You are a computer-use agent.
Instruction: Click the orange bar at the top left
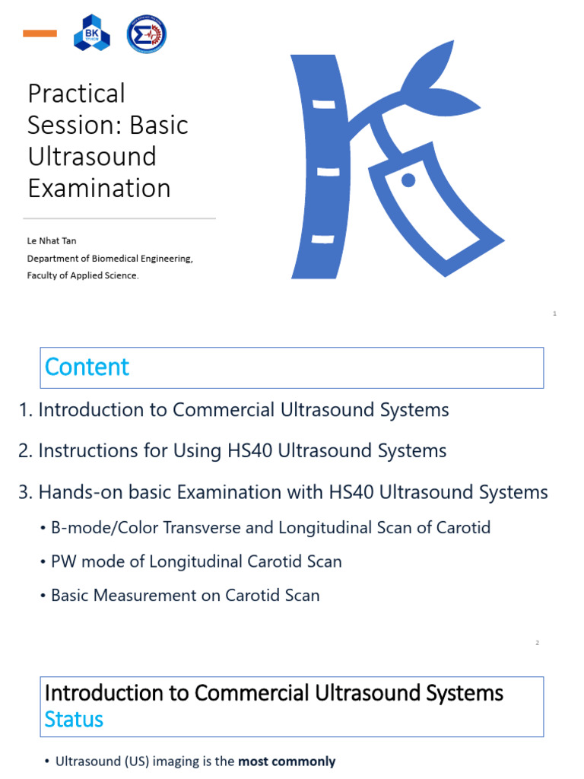click(40, 33)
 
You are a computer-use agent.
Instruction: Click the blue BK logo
click(91, 33)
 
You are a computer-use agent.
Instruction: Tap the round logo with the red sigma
click(147, 33)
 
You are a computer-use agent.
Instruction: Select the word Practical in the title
click(76, 94)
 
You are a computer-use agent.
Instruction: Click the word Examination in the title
click(99, 188)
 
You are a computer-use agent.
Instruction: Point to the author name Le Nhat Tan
click(52, 241)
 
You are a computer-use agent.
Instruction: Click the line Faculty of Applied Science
click(83, 275)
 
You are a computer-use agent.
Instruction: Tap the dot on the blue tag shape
click(408, 180)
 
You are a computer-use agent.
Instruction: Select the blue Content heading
click(87, 367)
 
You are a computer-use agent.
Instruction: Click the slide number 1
click(556, 313)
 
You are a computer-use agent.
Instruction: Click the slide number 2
click(537, 643)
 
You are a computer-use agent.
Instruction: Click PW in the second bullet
click(63, 561)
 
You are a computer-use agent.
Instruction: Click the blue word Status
click(74, 719)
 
